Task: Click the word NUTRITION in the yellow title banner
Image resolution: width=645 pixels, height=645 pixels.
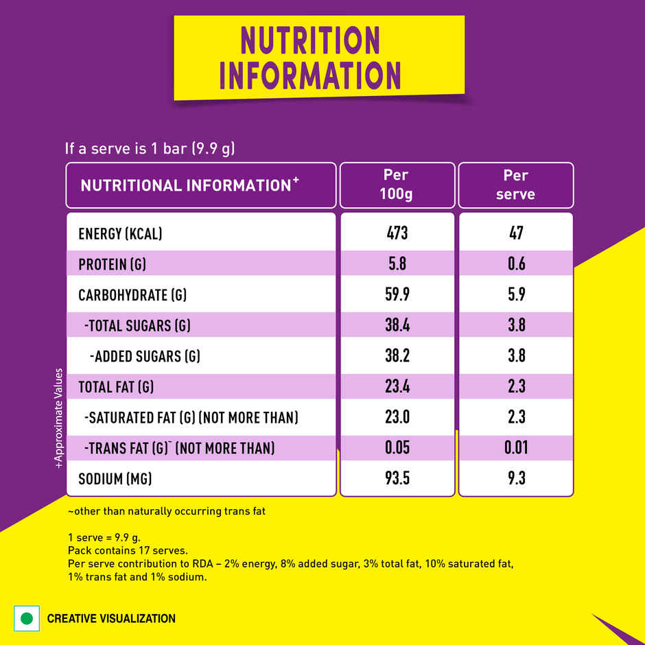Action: tap(310, 41)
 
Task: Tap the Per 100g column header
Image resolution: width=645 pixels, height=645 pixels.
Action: tap(397, 185)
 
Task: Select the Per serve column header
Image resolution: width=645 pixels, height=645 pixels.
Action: tap(515, 185)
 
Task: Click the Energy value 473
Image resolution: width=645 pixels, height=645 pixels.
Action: tap(397, 233)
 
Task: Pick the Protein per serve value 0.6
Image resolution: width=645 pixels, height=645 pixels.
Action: tap(516, 264)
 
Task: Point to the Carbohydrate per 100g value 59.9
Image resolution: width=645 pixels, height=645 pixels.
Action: tap(397, 295)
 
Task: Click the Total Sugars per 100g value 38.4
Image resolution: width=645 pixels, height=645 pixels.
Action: tap(397, 325)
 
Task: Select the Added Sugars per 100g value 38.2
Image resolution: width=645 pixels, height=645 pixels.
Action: tap(397, 356)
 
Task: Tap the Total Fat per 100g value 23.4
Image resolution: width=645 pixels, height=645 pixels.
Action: tap(397, 386)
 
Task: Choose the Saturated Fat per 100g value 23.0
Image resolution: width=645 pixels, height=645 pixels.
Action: tap(397, 417)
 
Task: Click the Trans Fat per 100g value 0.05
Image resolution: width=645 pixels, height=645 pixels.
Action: tap(397, 448)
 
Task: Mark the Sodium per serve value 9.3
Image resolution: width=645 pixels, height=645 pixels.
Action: tap(516, 478)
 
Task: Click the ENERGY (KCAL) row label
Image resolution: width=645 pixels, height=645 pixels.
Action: tap(120, 234)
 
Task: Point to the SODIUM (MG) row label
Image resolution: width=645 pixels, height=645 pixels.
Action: tap(115, 479)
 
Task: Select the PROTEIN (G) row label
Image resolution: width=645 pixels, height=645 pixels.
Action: tap(113, 265)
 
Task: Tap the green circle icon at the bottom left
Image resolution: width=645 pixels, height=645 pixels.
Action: tap(27, 618)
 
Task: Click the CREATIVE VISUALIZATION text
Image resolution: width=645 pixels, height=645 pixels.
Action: tap(111, 619)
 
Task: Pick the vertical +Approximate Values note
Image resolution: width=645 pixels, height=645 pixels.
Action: tap(59, 419)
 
